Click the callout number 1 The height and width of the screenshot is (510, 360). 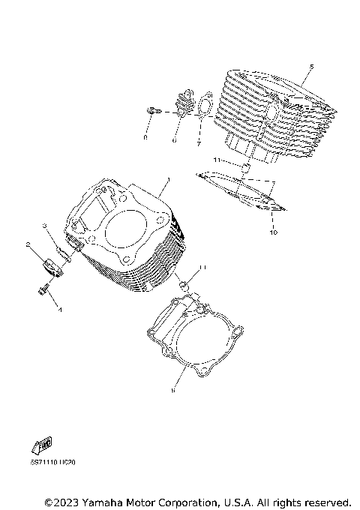coord(169,180)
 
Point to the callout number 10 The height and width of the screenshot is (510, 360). coord(274,234)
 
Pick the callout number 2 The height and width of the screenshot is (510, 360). coord(28,244)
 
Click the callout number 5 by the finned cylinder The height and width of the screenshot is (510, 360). coord(311,67)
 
